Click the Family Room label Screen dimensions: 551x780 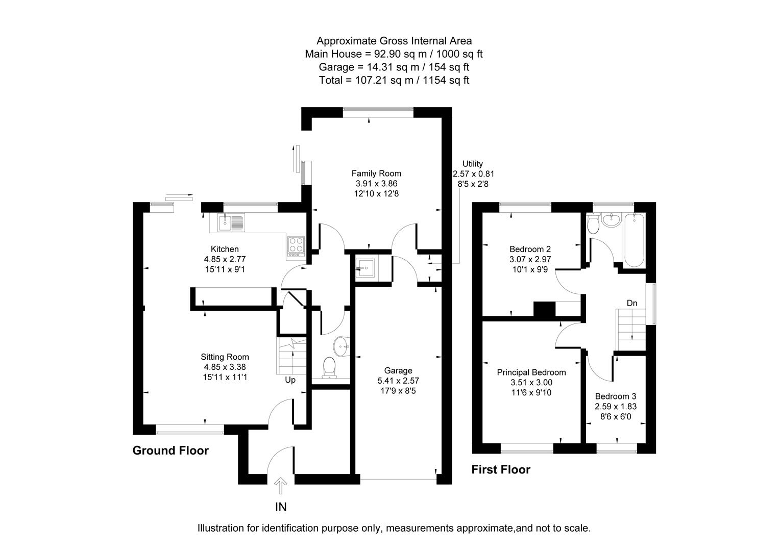tap(376, 173)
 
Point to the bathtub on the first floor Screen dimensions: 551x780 tap(633, 240)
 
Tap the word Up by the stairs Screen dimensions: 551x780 tap(290, 380)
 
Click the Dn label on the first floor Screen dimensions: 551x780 tap(632, 303)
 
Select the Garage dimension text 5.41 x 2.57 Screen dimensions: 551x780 tap(398, 381)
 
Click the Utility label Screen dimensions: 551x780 tap(472, 164)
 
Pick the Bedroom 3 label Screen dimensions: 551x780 tap(615, 396)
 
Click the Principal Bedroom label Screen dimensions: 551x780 tap(531, 372)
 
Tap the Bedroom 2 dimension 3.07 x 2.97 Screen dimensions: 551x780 tap(530, 259)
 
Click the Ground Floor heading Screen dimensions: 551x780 tap(170, 450)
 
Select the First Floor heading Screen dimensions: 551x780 tap(500, 469)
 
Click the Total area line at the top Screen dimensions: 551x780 tap(394, 80)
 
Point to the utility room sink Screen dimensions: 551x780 tap(365, 267)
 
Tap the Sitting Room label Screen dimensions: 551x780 tap(225, 357)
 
